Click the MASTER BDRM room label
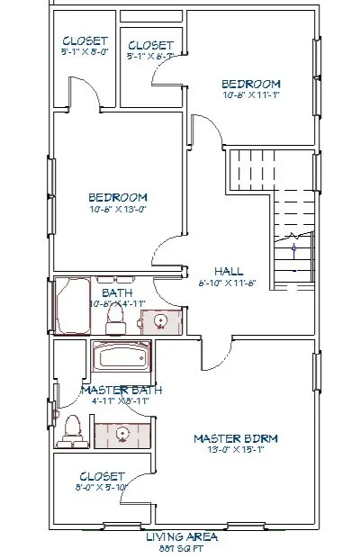tap(236, 438)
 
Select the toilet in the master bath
tap(68, 431)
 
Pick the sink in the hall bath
tap(161, 319)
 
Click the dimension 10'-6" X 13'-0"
tap(117, 209)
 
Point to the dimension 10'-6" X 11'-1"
tap(252, 94)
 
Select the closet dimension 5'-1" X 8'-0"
tap(84, 52)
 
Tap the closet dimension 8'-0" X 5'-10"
tap(102, 487)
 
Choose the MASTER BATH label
tap(121, 390)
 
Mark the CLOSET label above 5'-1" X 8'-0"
tap(85, 41)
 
